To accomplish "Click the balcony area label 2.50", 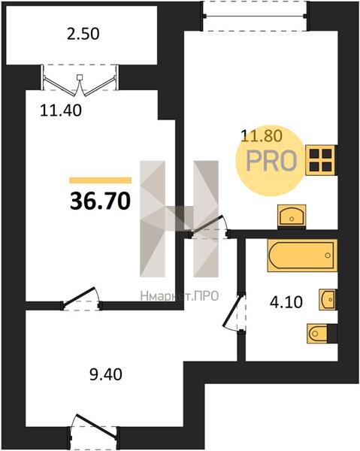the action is [x=83, y=34].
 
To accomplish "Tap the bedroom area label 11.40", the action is [x=61, y=110].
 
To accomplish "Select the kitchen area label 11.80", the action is [x=262, y=136].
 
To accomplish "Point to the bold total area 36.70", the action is [x=100, y=201].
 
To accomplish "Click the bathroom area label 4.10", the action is [x=286, y=302].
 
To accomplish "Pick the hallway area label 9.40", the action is [x=106, y=374].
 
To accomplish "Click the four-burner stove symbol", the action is [x=320, y=160].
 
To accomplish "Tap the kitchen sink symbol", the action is [x=292, y=216].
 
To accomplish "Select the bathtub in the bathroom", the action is [x=302, y=256].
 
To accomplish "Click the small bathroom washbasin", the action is [x=327, y=299].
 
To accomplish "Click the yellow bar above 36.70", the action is [x=101, y=180].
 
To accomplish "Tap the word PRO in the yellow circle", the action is [x=271, y=161].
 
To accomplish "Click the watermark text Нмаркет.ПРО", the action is [x=180, y=296].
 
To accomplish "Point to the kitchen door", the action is [x=209, y=227].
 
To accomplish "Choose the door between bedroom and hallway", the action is [x=81, y=298].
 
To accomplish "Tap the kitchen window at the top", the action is [x=255, y=16].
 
